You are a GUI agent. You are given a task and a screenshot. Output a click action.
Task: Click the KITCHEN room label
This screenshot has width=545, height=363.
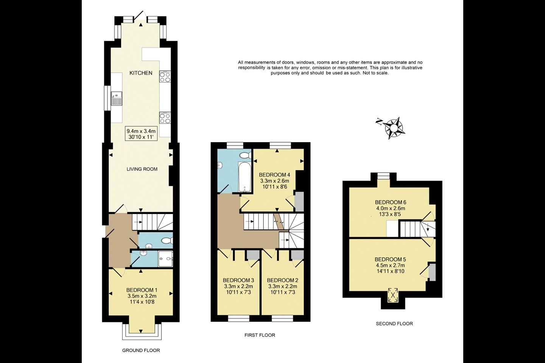[x=141, y=73]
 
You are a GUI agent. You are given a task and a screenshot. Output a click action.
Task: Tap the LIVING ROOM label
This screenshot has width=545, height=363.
[x=142, y=169]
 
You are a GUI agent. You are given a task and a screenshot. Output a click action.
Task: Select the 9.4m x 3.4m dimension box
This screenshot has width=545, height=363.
[x=141, y=134]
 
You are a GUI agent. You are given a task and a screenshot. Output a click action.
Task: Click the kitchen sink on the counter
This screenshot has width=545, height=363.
[x=117, y=98]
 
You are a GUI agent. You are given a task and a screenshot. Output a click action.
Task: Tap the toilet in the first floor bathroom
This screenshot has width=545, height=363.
[x=246, y=155]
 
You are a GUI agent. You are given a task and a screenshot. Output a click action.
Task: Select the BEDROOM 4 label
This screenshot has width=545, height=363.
[x=274, y=175]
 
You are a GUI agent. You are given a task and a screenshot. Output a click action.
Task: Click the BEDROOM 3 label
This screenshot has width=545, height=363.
[x=238, y=280]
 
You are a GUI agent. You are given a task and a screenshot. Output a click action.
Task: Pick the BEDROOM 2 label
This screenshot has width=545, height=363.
[x=282, y=280]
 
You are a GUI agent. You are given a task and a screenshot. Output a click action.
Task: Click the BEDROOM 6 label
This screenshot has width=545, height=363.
[x=391, y=202]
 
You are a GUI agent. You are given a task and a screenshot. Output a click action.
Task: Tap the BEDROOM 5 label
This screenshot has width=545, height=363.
[x=390, y=259]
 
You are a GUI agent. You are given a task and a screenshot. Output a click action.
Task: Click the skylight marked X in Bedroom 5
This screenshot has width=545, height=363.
[x=393, y=295]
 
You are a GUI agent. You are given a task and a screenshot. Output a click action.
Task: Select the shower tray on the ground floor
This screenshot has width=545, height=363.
[x=165, y=259]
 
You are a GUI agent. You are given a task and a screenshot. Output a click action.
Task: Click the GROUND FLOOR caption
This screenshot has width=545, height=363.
[x=141, y=351]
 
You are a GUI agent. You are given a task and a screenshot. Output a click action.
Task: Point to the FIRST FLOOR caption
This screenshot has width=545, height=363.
[x=260, y=335]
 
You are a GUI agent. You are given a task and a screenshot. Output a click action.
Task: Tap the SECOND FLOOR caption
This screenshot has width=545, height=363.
[x=394, y=324]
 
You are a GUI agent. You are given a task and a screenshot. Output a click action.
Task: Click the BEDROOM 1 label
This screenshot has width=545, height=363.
[x=142, y=290]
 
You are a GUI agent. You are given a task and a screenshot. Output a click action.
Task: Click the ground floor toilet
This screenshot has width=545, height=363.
[x=167, y=241]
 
